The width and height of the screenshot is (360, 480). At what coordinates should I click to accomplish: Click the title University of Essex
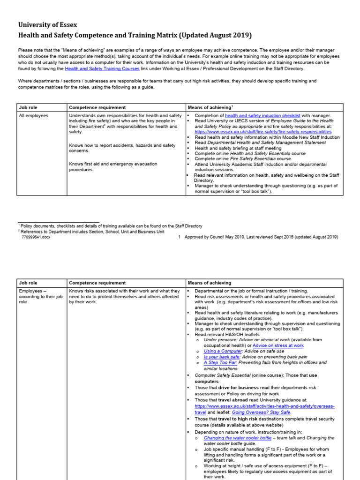[x=47, y=24]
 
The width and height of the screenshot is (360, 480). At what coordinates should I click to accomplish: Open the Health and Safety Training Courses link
[x=102, y=68]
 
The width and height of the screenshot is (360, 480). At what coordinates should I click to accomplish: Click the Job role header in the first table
[x=29, y=107]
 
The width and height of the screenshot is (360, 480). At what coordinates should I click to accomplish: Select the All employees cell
[x=33, y=115]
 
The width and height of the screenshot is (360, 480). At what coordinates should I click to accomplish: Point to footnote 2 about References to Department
[x=91, y=232]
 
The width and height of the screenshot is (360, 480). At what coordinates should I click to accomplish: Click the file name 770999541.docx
[x=36, y=237]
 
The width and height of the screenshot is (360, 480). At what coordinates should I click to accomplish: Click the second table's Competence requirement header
[x=97, y=283]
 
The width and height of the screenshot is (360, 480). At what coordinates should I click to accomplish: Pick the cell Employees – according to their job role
[x=34, y=296]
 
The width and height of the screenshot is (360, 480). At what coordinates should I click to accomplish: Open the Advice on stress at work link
[x=278, y=345]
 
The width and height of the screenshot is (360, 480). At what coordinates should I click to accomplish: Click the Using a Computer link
[x=223, y=351]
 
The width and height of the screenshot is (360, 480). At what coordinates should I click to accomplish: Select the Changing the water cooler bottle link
[x=237, y=438]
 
